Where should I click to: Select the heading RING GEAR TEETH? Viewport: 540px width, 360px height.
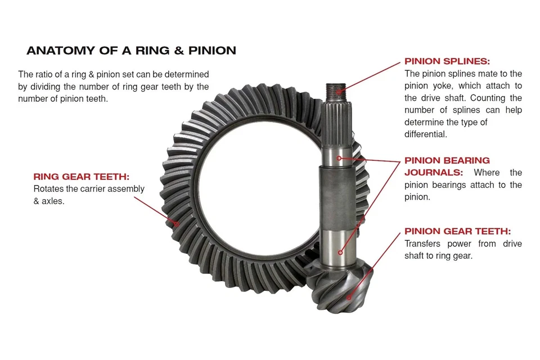coord(81,177)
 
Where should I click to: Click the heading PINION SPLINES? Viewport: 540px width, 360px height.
coord(447,61)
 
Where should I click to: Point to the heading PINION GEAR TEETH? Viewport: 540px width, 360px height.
coord(457,231)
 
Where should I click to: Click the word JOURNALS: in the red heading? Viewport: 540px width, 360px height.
coord(434,173)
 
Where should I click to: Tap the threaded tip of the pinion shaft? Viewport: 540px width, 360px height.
coord(337,89)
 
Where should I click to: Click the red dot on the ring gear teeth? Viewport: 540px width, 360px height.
coord(177,223)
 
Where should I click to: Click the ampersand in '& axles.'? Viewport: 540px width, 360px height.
coord(37,201)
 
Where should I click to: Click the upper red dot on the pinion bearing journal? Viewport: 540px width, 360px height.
coord(339,159)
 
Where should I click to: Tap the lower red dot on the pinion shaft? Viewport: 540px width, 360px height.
coord(340,253)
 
